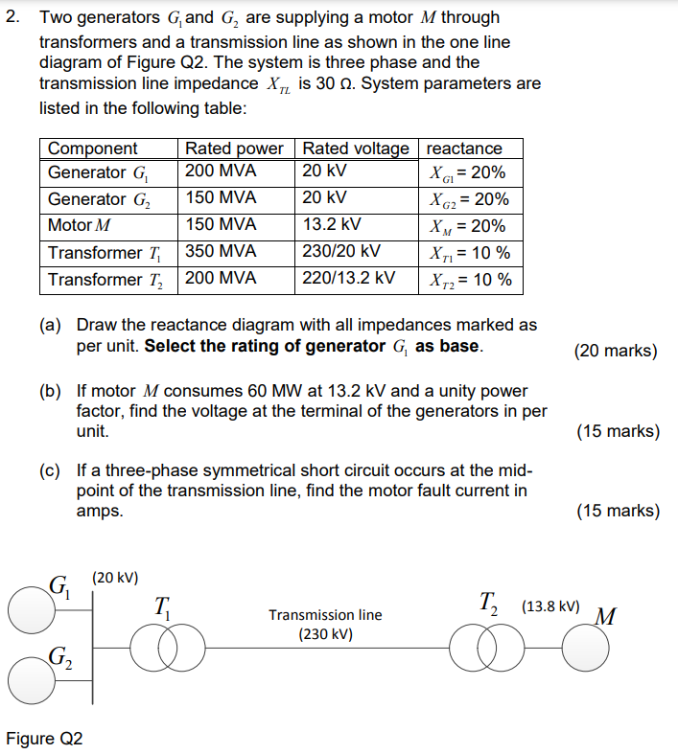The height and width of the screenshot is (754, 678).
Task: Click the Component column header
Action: pyautogui.click(x=93, y=149)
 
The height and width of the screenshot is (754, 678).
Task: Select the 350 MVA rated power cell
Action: pyautogui.click(x=221, y=253)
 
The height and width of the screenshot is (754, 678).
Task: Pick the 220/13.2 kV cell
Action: pyautogui.click(x=347, y=280)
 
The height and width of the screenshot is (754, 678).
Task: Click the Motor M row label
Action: pyautogui.click(x=80, y=226)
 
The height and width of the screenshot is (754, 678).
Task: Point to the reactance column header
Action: pyautogui.click(x=464, y=149)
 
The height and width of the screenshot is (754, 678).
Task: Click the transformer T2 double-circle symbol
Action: pyautogui.click(x=489, y=652)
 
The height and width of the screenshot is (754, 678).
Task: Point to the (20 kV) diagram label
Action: pyautogui.click(x=115, y=578)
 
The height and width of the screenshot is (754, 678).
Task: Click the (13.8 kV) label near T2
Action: pyautogui.click(x=550, y=606)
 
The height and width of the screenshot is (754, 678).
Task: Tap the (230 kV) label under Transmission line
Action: pyautogui.click(x=325, y=634)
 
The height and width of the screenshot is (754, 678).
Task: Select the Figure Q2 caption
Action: pyautogui.click(x=45, y=739)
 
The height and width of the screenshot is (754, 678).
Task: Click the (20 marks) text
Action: pyautogui.click(x=616, y=351)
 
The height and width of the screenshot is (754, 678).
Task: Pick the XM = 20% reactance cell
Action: pyautogui.click(x=469, y=226)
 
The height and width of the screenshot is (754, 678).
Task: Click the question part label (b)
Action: pyautogui.click(x=49, y=391)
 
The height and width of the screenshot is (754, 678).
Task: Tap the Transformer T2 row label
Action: pyautogui.click(x=106, y=280)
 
